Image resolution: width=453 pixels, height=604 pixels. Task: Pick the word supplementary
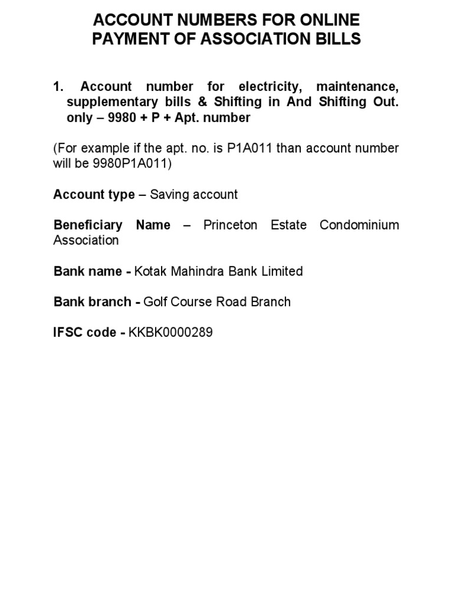point(113,102)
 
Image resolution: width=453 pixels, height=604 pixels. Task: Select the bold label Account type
point(94,195)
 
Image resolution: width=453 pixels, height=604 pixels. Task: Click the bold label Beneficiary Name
point(111,225)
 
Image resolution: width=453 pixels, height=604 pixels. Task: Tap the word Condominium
point(359,225)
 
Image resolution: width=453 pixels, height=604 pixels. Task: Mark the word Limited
point(281,271)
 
